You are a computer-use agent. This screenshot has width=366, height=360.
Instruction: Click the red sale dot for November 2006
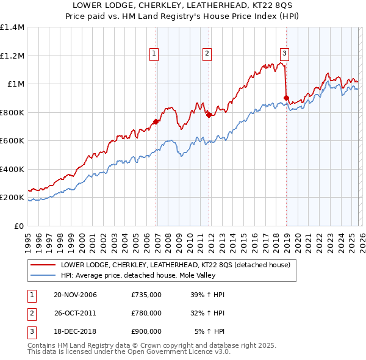point(156,121)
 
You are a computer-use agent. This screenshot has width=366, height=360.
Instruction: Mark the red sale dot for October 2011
point(209,115)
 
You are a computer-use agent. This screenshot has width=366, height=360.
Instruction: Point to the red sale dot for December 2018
point(286,97)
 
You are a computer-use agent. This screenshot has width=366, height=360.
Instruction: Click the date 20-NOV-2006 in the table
point(75,295)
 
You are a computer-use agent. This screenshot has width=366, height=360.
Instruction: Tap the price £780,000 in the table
point(146,313)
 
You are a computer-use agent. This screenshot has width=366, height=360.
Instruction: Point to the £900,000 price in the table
point(146,331)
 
